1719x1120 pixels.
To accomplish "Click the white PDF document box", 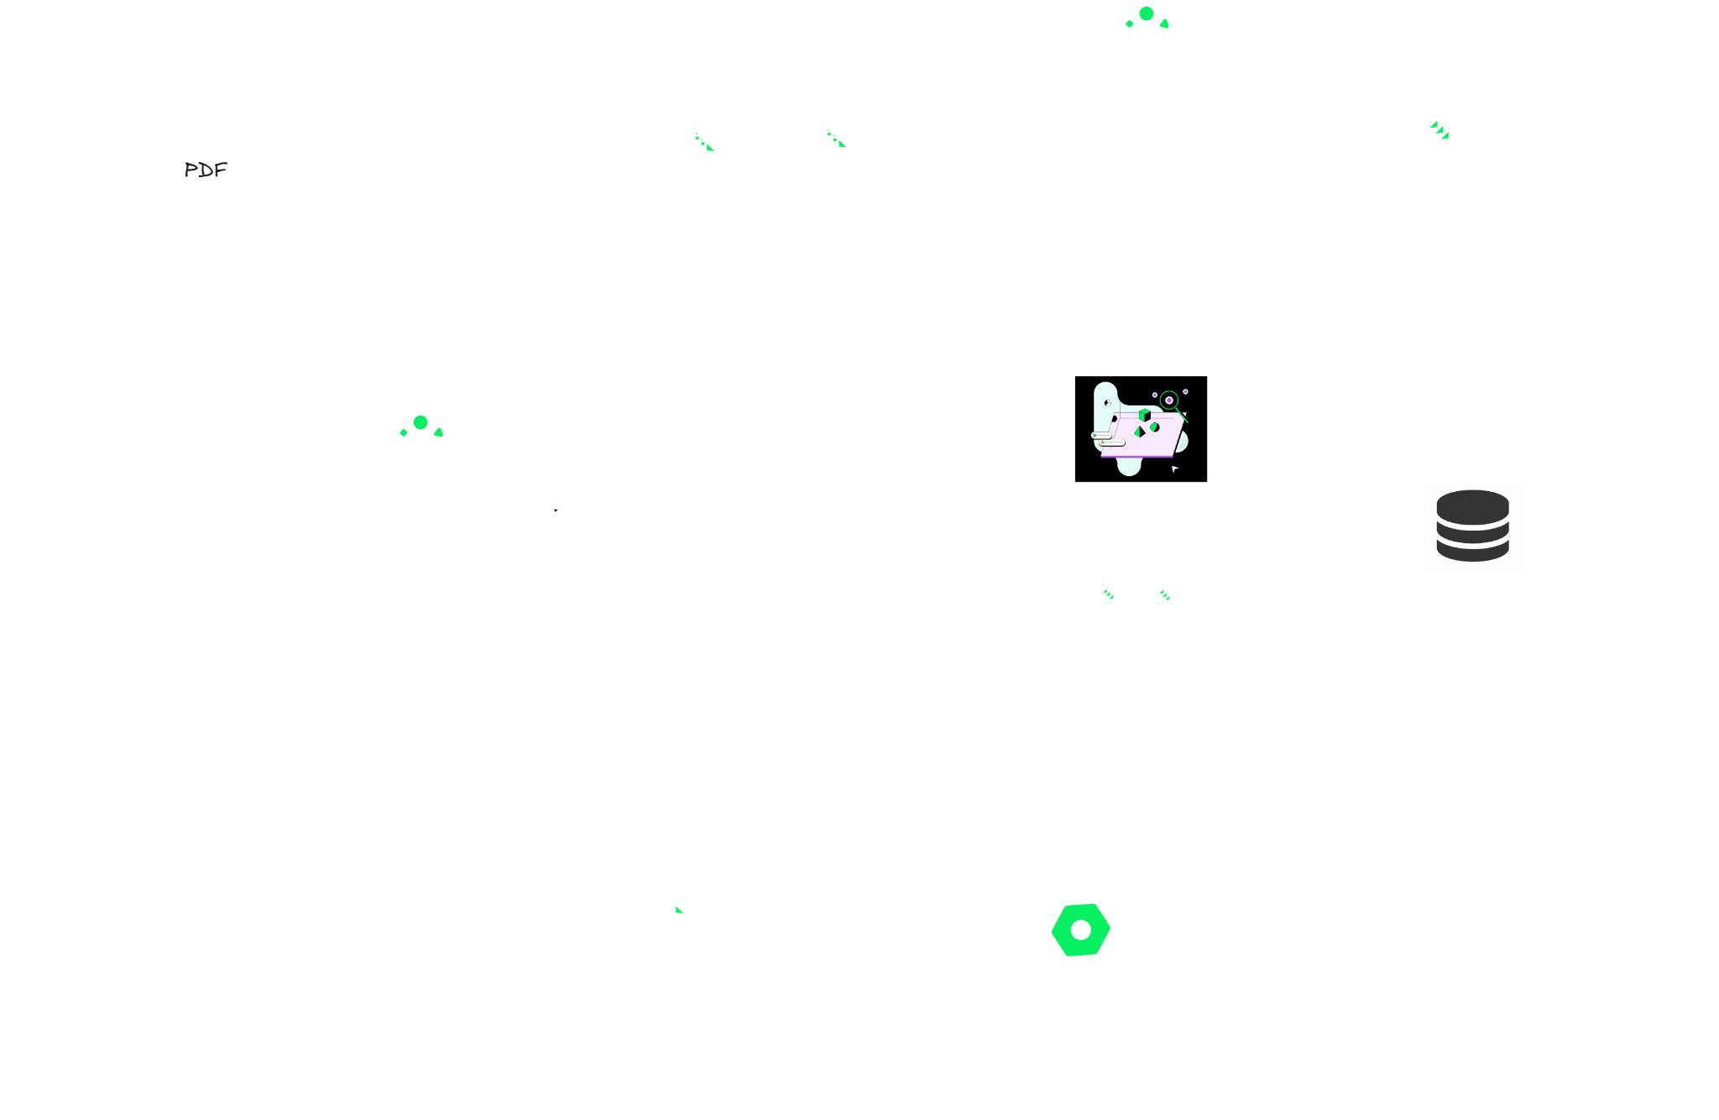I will tap(206, 170).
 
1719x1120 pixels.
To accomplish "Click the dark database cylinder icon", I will tap(1472, 526).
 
